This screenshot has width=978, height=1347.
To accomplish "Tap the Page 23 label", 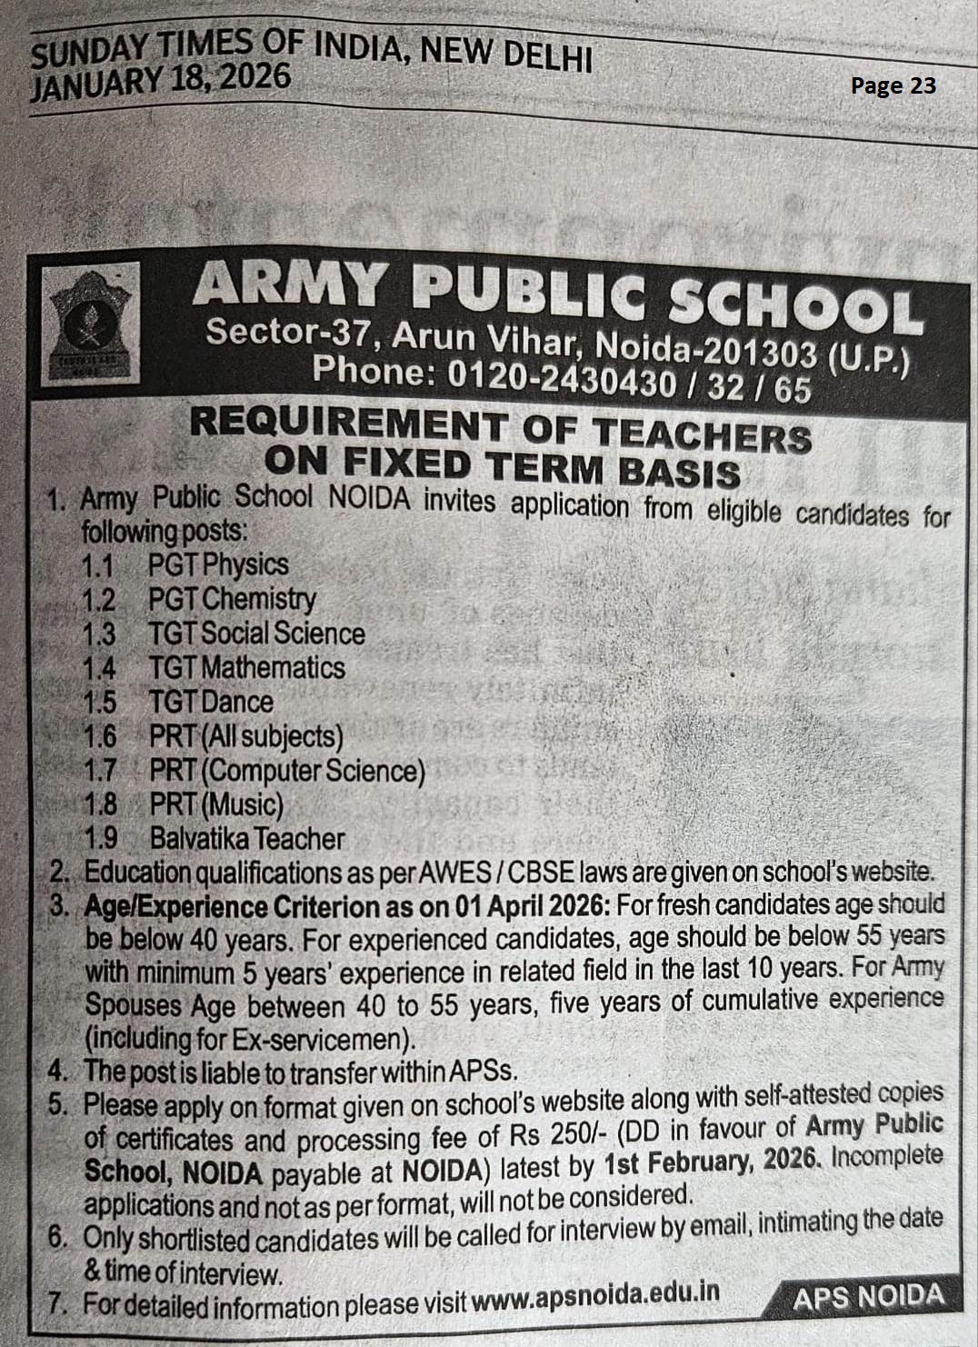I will pyautogui.click(x=893, y=85).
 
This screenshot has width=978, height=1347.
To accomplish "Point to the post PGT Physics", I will pyautogui.click(x=218, y=564).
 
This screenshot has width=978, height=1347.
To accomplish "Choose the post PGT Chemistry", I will pyautogui.click(x=232, y=599).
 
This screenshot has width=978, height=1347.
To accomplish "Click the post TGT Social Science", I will pyautogui.click(x=256, y=634).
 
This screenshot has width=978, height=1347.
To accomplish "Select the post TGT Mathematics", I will pyautogui.click(x=246, y=668).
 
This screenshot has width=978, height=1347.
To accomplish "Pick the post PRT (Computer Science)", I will pyautogui.click(x=287, y=772).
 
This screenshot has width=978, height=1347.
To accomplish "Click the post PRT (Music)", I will pyautogui.click(x=216, y=805).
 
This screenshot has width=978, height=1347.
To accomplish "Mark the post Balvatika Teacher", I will pyautogui.click(x=247, y=839).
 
